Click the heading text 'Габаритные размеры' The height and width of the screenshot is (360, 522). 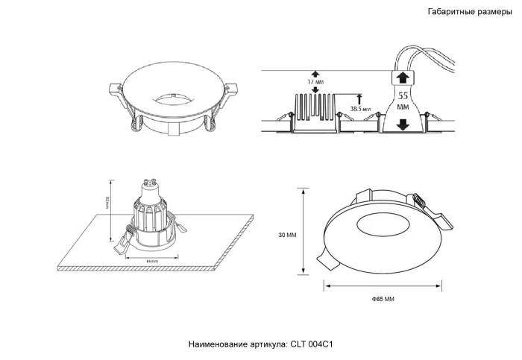(469, 12)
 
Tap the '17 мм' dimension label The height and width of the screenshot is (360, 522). (315, 82)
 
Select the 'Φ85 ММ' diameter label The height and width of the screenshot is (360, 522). (383, 299)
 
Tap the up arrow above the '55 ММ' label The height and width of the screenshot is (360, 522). (402, 78)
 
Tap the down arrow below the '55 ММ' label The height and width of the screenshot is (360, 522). (402, 124)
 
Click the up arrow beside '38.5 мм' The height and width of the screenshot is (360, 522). (361, 98)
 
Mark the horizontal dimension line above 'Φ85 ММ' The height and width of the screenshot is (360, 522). (383, 284)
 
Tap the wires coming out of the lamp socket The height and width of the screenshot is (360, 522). (429, 56)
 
